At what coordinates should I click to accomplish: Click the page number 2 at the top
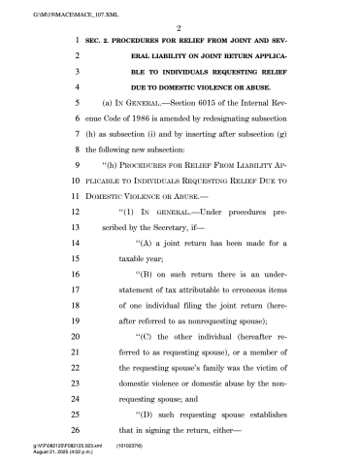[x=180, y=30]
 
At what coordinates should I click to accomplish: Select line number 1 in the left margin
[x=75, y=45]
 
